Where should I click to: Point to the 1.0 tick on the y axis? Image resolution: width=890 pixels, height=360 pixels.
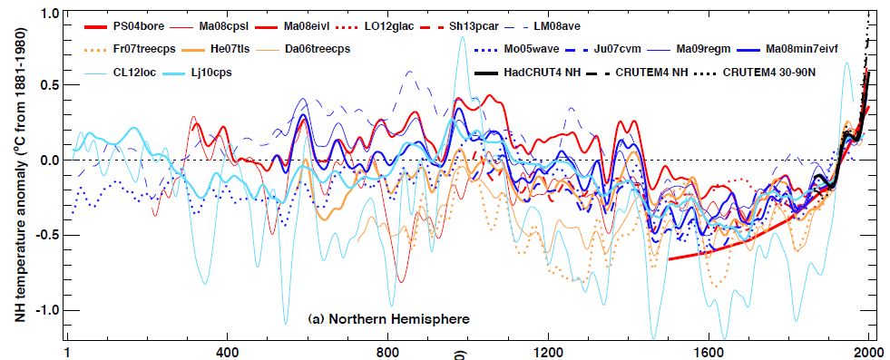tap(49, 14)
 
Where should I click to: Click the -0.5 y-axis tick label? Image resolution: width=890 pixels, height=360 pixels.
tap(46, 234)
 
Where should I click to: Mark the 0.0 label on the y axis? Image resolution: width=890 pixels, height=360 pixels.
tap(49, 161)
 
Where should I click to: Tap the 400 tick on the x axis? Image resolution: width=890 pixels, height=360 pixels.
tap(227, 351)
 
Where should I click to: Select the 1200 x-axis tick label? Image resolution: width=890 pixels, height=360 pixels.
tap(548, 351)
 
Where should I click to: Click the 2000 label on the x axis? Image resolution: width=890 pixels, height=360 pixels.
tap(868, 351)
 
